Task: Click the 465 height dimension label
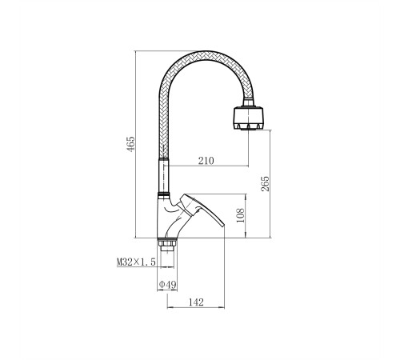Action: click(130, 144)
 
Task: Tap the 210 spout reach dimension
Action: click(206, 161)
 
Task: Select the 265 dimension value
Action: click(265, 184)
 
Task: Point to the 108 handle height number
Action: click(240, 215)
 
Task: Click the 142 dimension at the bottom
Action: click(196, 302)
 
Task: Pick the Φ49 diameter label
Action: click(167, 285)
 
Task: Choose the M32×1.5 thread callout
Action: click(136, 262)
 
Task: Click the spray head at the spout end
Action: click(248, 118)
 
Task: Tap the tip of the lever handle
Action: click(223, 226)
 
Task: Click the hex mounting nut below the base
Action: click(167, 242)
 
